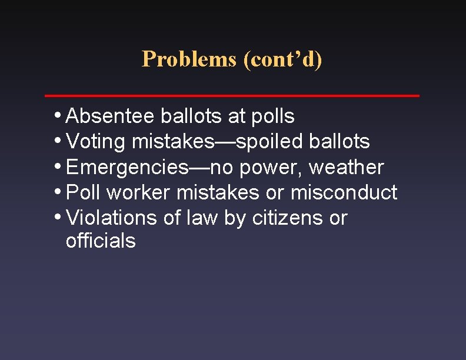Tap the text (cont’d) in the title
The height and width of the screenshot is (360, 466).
click(282, 59)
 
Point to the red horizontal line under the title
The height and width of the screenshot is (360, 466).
click(232, 95)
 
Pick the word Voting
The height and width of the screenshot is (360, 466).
click(96, 142)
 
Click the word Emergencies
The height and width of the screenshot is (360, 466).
click(127, 168)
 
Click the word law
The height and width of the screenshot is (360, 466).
click(202, 218)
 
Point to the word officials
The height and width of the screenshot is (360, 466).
click(101, 241)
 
